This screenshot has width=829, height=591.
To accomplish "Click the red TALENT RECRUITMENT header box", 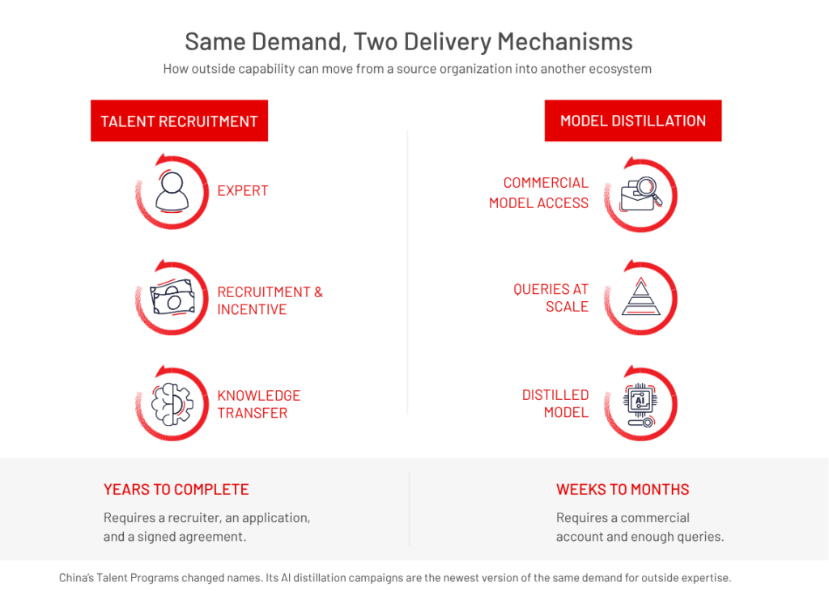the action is click(179, 121).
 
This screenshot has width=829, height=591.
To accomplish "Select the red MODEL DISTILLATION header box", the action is click(633, 121).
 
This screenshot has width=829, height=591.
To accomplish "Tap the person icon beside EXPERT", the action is click(172, 192).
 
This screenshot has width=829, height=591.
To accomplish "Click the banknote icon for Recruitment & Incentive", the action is click(172, 297).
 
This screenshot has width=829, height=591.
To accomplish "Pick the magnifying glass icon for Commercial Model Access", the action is click(641, 194).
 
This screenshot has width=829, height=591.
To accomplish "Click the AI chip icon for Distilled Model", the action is click(641, 405).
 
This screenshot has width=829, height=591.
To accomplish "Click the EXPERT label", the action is click(243, 191).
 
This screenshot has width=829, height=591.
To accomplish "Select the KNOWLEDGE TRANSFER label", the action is click(259, 405).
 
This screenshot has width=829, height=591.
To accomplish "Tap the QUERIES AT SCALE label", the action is click(551, 298).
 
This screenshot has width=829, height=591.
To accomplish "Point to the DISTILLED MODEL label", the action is click(555, 404).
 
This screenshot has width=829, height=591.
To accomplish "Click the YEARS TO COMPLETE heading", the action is click(176, 490).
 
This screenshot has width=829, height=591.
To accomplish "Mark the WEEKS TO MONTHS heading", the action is click(623, 490).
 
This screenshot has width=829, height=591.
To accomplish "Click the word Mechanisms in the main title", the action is click(565, 41).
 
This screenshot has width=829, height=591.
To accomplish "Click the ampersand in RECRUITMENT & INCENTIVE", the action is click(318, 292).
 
